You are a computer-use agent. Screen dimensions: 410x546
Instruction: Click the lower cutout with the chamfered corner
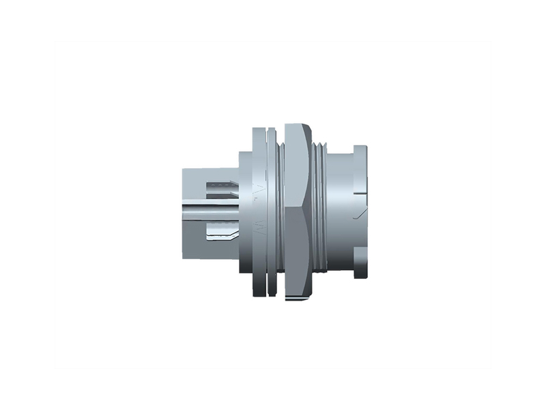[x=222, y=235]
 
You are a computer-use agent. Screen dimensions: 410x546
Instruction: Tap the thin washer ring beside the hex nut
[x=272, y=212]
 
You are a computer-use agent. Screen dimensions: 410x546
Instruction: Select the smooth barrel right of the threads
[x=338, y=212]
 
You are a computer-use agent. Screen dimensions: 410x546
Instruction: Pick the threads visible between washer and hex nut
[x=279, y=212]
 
